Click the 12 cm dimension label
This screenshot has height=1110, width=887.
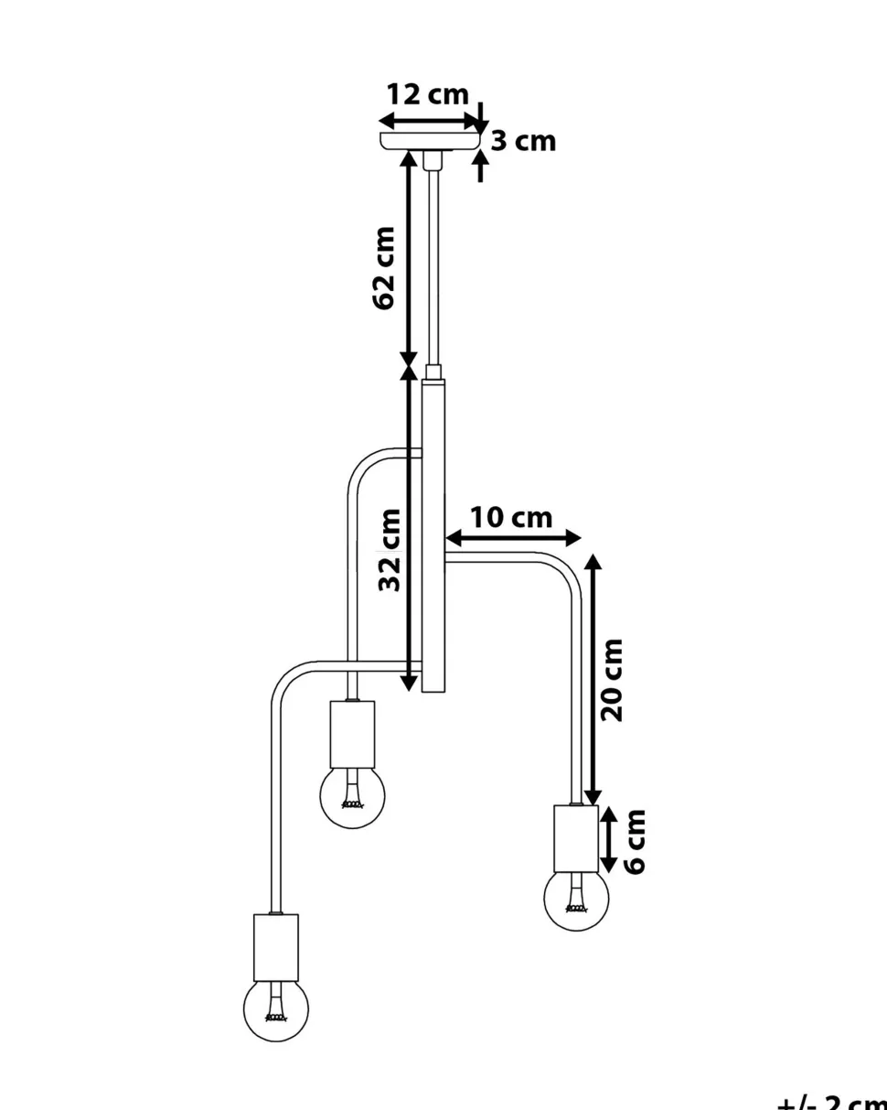[x=427, y=95]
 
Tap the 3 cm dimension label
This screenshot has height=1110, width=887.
[x=523, y=141]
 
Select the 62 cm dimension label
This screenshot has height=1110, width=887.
[x=385, y=267]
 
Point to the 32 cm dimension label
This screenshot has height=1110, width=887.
[x=390, y=551]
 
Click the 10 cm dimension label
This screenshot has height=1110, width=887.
[x=511, y=518]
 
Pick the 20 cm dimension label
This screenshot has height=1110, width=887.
[x=613, y=680]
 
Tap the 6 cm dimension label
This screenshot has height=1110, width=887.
[x=635, y=841]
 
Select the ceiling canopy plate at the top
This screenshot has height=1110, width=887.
[x=430, y=141]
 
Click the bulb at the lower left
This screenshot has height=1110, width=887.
[x=275, y=1009]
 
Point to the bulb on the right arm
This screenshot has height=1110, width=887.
[x=576, y=900]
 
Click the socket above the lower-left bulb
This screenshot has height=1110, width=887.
[x=275, y=945]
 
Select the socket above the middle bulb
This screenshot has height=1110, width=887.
[x=352, y=734]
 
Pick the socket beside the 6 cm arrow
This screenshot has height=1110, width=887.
[x=576, y=838]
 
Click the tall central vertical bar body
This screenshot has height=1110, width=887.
[x=433, y=535]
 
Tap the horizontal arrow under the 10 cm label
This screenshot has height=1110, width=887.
[x=513, y=537]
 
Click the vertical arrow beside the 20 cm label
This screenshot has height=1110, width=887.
[x=593, y=680]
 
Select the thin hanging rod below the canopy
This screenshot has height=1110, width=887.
[x=433, y=265]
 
